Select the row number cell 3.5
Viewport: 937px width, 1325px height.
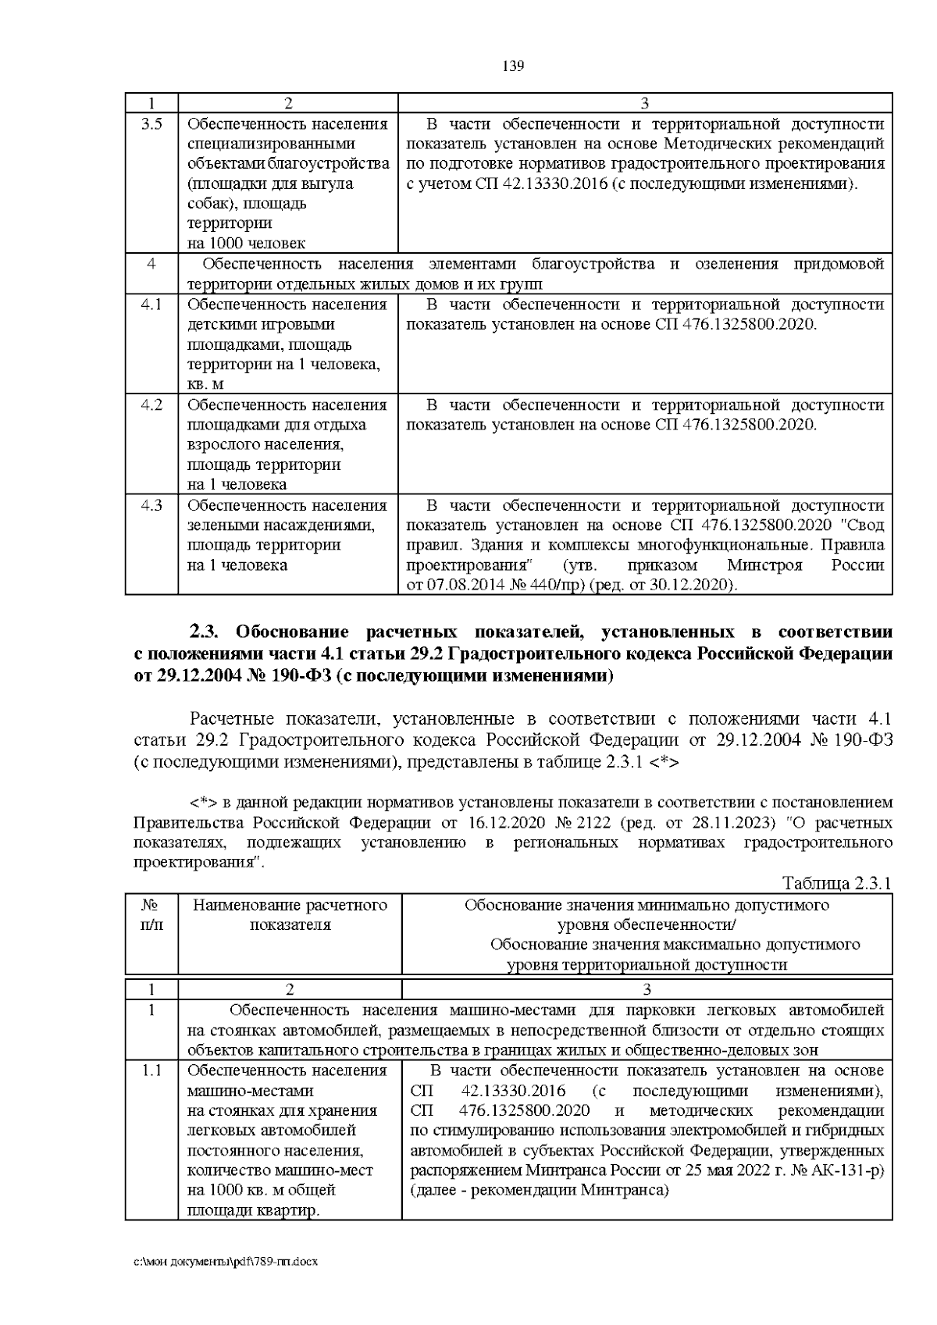tap(151, 124)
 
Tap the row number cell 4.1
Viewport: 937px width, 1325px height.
tap(151, 305)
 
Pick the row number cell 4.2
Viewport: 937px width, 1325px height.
tap(151, 405)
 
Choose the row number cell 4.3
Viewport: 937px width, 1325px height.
tap(151, 505)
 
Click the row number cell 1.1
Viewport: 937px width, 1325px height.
tap(151, 1070)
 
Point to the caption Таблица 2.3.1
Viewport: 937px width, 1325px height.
tap(836, 884)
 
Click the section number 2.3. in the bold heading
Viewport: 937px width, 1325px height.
tap(208, 631)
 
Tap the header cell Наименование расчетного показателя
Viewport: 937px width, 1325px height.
tap(290, 915)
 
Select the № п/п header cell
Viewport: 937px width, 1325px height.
tap(151, 915)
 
